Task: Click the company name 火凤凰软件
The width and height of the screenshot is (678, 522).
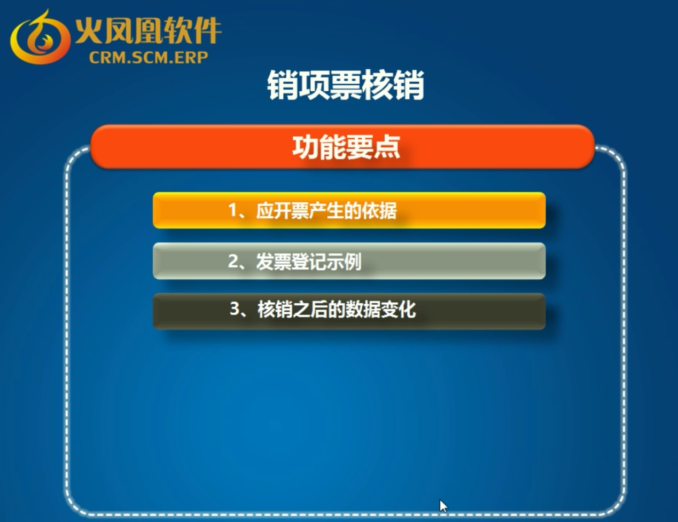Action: [x=148, y=30]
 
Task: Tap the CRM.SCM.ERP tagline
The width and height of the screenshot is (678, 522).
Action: [x=149, y=58]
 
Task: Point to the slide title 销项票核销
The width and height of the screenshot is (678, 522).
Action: [x=346, y=85]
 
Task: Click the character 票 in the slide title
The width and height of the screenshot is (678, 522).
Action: [x=346, y=85]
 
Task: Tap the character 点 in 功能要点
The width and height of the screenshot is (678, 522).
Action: [x=387, y=147]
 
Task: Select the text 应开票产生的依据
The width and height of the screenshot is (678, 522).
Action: [x=326, y=211]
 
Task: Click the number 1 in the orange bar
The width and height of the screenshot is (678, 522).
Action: [x=233, y=210]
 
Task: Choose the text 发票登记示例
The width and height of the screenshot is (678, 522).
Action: [x=309, y=262]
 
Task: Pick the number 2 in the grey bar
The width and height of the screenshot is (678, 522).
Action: [x=233, y=261]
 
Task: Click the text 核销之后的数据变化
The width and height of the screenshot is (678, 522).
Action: [x=337, y=309]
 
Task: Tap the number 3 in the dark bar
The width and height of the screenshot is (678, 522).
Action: [x=235, y=309]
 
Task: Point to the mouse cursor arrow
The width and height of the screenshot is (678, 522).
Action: [x=443, y=506]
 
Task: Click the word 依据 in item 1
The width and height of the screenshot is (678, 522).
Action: [x=380, y=211]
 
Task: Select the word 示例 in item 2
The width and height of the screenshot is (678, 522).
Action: [x=345, y=262]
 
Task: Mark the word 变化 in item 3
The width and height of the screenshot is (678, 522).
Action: [x=399, y=309]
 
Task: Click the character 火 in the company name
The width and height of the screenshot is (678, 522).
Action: [x=88, y=30]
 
